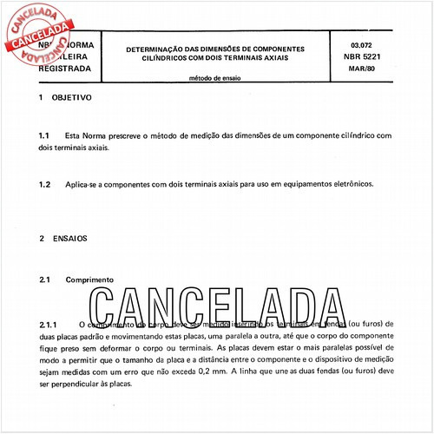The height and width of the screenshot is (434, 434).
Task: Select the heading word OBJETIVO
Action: click(72, 98)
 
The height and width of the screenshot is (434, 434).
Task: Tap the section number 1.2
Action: click(45, 184)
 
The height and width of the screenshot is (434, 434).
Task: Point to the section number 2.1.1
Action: click(49, 324)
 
